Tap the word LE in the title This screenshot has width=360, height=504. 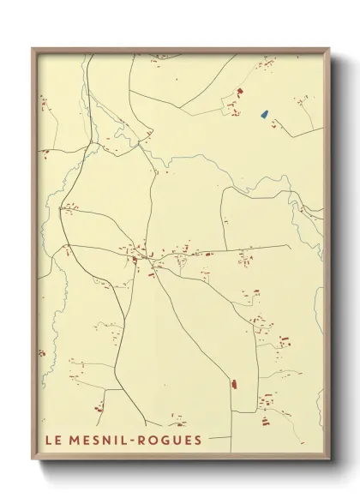click(x=53, y=442)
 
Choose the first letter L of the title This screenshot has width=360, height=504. click(x=49, y=442)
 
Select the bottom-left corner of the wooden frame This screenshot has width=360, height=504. click(x=33, y=461)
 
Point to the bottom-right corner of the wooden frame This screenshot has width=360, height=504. click(x=330, y=461)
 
